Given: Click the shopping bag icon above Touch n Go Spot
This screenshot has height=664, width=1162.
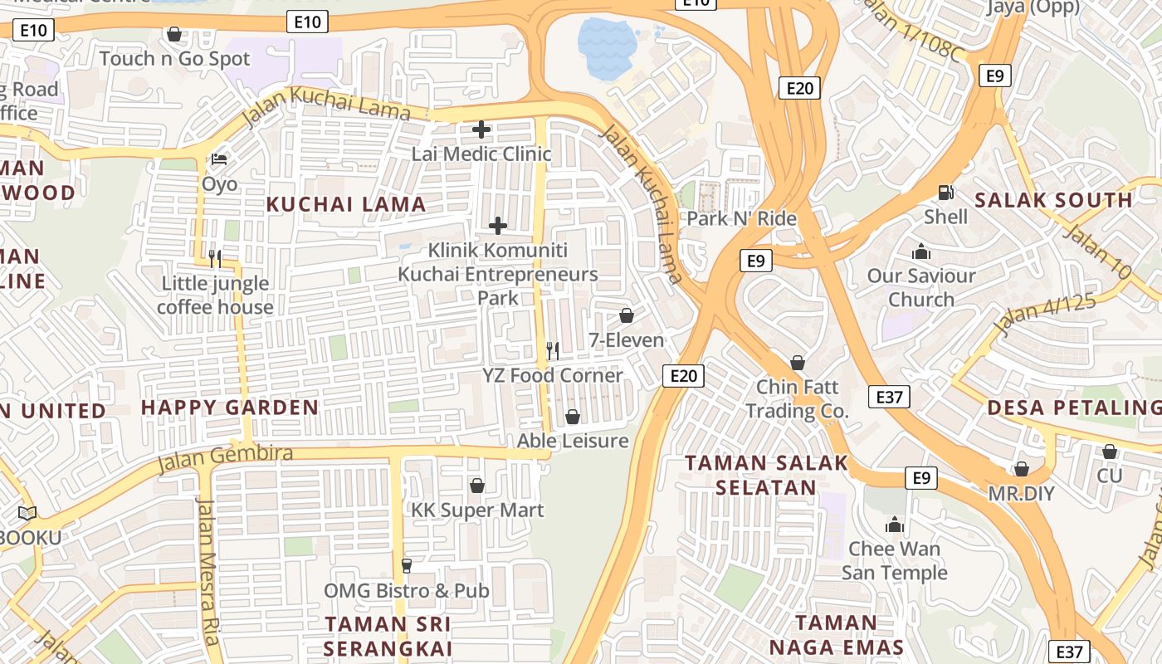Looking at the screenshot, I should [x=174, y=34].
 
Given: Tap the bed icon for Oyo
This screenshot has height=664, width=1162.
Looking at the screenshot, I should [x=219, y=159].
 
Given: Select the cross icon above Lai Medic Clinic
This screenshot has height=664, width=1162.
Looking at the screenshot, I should [x=481, y=129].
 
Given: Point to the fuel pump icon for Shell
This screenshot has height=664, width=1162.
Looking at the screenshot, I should [x=945, y=193].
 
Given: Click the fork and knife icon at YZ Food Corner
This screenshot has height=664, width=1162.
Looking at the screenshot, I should [x=553, y=351].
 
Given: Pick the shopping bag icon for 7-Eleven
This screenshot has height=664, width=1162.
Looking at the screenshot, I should [x=627, y=315].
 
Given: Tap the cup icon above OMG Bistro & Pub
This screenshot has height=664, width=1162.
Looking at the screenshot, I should [x=407, y=566].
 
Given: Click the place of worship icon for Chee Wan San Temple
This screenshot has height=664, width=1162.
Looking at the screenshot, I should [x=894, y=525].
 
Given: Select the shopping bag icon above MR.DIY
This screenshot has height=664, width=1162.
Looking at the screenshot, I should [x=1022, y=469].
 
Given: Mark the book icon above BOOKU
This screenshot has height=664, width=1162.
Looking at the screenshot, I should [x=27, y=514].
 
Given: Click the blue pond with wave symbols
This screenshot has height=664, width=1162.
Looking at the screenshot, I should [x=607, y=48].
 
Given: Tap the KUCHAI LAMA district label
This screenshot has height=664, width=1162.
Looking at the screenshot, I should [x=346, y=204].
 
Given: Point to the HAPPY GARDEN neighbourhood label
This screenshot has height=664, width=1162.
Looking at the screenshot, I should [x=230, y=408].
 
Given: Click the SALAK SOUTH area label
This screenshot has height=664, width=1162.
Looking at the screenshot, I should [x=1053, y=200].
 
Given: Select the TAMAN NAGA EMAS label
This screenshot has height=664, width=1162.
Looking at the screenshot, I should [x=836, y=635].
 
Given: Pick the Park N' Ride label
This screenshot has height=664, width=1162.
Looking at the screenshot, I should [x=742, y=219].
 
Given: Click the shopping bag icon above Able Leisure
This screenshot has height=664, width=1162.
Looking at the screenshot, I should [x=573, y=416].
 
